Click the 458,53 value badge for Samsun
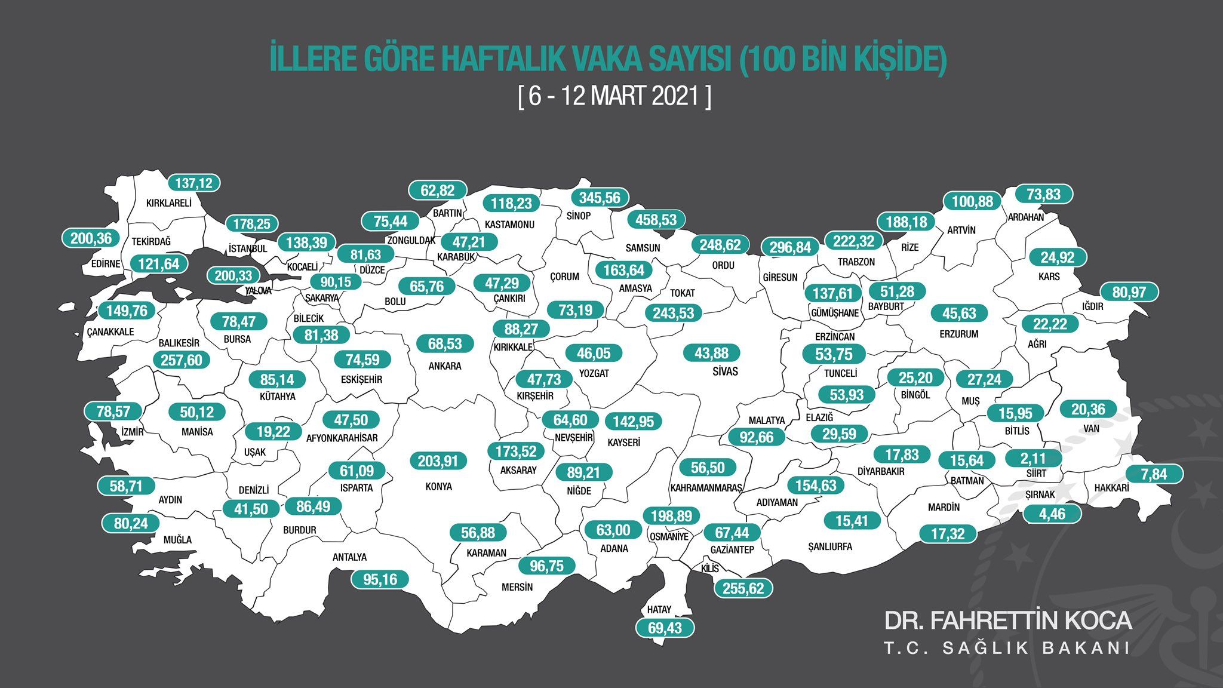pos(656,220)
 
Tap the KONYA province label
pos(438,486)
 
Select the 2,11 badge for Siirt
pos(1033,459)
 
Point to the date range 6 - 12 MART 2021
pos(614,96)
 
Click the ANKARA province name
pos(445,365)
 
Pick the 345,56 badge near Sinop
pos(600,198)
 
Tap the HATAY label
pos(659,610)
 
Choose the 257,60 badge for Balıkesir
pos(182,360)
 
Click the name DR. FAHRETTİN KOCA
pos(1007,621)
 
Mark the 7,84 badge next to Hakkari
pos(1154,474)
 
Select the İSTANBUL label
pos(248,248)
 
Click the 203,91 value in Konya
pos(438,461)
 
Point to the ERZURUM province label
pos(958,334)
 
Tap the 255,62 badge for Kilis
pos(743,588)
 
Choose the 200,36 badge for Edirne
pos(91,238)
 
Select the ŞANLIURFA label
pos(829,546)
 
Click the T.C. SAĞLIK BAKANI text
pos(1007,648)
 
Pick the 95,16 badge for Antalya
pos(380,579)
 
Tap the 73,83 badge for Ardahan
pos(1043,194)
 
